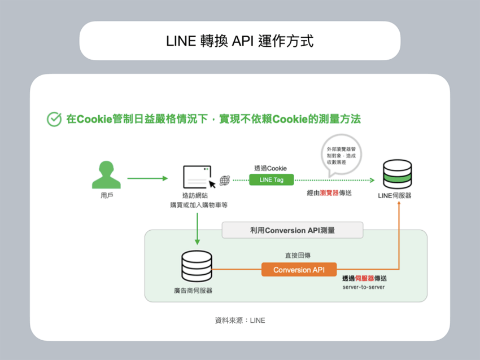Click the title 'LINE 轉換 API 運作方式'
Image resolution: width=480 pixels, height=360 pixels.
pos(239,41)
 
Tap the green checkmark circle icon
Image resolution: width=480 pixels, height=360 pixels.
pos(54,119)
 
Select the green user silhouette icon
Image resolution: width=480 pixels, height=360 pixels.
pos(106,175)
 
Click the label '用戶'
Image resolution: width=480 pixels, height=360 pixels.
pos(106,196)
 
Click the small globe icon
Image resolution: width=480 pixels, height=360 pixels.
pos(225,181)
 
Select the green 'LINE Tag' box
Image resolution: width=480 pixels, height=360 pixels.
pos(271,180)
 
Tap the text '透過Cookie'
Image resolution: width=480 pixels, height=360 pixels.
pos(270,168)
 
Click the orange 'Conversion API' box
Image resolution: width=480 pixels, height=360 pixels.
pos(299,270)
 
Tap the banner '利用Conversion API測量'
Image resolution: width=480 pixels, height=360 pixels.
pos(292,230)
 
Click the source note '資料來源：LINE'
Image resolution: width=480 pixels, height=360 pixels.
pos(239,321)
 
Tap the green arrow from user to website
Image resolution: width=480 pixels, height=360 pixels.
pos(147,178)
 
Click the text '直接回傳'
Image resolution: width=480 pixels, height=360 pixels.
pos(298,256)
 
